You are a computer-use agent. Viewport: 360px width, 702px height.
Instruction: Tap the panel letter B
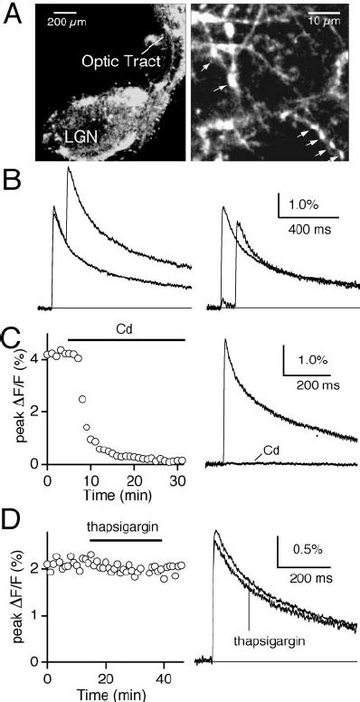(12, 183)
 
